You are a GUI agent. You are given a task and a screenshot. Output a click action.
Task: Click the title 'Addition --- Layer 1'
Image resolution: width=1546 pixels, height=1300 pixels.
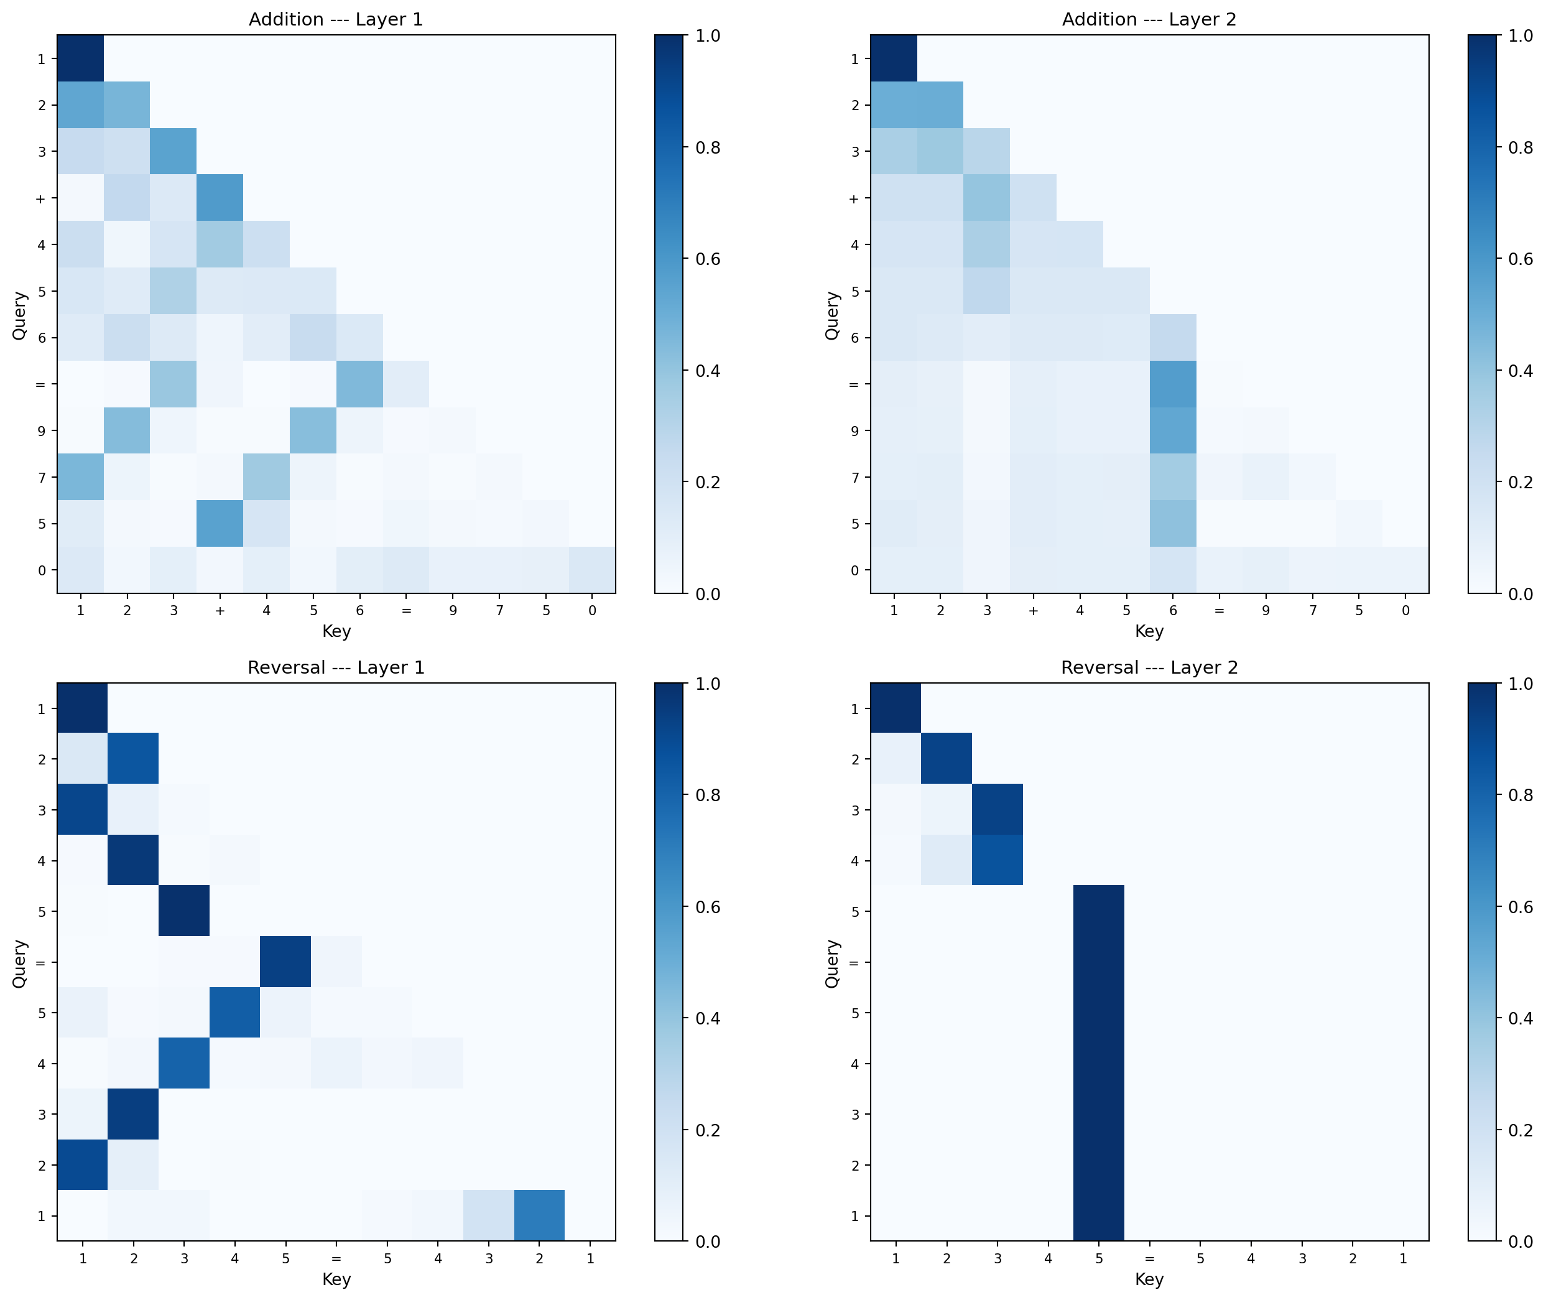[x=336, y=19]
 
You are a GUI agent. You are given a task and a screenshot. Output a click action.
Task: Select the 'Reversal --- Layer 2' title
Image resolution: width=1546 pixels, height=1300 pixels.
[x=1149, y=667]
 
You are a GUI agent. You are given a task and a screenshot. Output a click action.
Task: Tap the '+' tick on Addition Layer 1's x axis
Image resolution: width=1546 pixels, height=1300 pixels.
[x=220, y=610]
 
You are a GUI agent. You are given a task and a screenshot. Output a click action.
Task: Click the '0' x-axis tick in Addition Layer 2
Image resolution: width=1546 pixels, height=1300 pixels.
[x=1405, y=610]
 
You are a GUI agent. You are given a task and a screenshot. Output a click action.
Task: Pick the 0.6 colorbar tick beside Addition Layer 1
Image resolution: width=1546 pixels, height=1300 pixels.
[x=708, y=259]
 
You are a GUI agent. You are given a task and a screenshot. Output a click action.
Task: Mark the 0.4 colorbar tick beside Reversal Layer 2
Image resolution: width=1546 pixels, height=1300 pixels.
[x=1521, y=1018]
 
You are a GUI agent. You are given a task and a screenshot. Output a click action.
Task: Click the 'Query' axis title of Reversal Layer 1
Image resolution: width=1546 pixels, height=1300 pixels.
[x=20, y=963]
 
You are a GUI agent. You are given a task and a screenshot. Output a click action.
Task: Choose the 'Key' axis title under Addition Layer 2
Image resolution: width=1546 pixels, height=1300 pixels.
[x=1149, y=631]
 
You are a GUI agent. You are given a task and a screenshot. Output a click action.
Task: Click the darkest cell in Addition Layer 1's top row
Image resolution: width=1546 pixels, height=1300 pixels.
[x=80, y=58]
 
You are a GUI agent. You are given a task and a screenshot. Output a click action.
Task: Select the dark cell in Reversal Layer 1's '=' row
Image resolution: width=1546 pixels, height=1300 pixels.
[x=285, y=962]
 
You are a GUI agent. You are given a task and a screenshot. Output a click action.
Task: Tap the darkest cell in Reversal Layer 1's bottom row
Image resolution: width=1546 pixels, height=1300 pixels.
[x=539, y=1215]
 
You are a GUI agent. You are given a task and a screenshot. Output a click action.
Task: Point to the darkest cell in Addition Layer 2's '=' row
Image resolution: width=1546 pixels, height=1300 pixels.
[x=1172, y=384]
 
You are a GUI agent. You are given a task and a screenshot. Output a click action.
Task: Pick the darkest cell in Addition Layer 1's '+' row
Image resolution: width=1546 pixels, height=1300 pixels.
[x=220, y=198]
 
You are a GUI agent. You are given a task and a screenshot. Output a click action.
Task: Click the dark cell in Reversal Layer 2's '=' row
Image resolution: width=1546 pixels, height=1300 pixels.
[x=1098, y=962]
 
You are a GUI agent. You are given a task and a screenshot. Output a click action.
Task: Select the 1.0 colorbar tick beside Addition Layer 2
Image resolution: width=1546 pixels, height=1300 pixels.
[x=1521, y=35]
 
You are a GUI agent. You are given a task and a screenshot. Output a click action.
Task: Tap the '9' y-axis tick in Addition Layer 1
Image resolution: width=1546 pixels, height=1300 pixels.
[x=41, y=431]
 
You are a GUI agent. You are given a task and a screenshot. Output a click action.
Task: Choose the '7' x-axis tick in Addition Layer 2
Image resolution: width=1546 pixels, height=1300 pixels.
[x=1312, y=610]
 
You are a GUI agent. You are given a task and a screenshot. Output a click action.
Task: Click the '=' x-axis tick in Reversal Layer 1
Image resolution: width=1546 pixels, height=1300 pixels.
[x=336, y=1259]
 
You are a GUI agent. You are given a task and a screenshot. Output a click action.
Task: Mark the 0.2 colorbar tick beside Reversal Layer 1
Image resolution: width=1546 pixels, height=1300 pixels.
[x=708, y=1130]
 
